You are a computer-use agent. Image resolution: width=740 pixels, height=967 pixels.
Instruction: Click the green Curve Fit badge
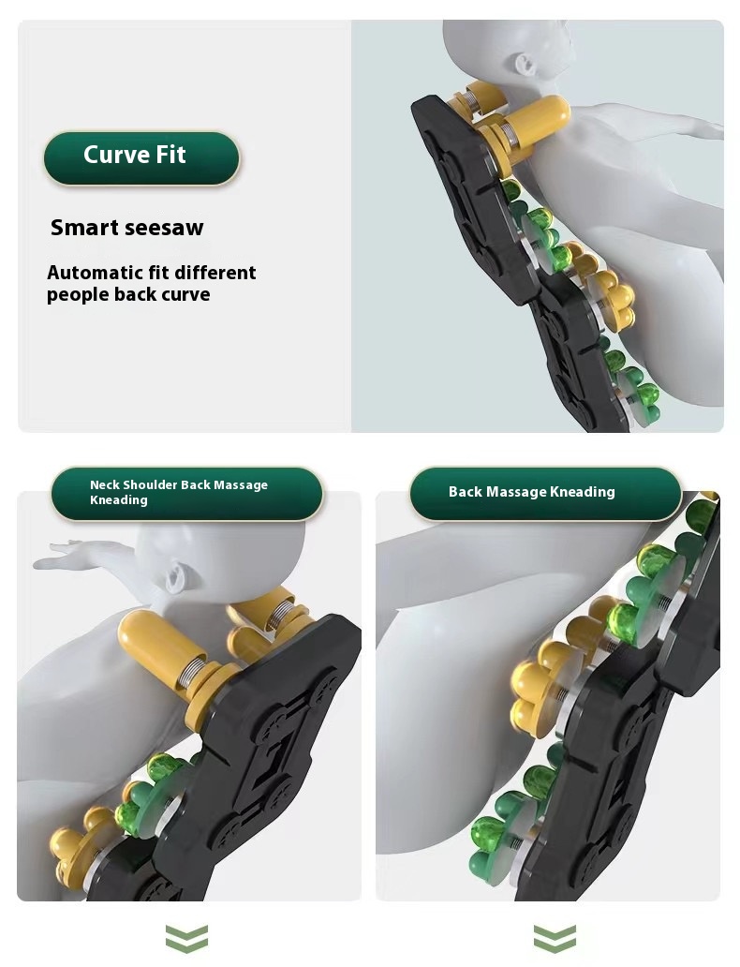click(141, 158)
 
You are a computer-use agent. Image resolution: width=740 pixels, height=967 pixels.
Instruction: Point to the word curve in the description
click(185, 295)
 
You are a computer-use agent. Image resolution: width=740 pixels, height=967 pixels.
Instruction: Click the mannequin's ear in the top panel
click(525, 63)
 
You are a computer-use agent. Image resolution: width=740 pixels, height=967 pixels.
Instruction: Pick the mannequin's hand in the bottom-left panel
click(59, 553)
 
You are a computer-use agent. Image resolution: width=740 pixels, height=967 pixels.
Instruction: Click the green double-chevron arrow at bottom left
click(186, 938)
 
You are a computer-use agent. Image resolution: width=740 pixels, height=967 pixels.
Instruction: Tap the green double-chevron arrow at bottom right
click(555, 938)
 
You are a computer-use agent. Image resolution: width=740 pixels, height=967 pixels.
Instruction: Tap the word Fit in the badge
click(170, 155)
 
